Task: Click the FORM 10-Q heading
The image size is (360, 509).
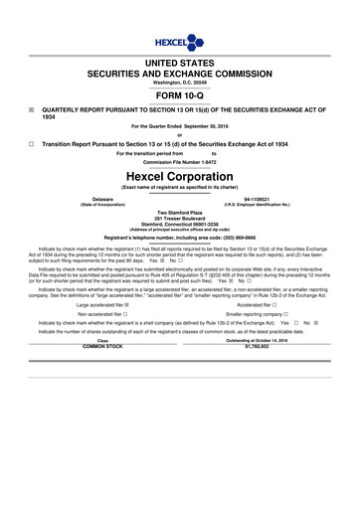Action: point(179,96)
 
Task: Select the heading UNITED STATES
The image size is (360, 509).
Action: point(179,63)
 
